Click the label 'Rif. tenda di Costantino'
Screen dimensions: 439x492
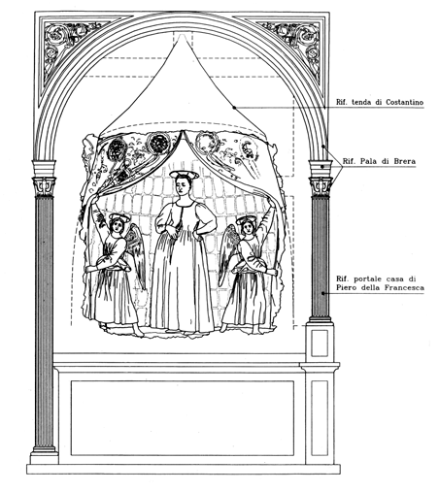point(380,102)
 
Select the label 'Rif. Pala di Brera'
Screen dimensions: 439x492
point(379,161)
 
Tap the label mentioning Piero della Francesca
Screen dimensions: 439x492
point(380,283)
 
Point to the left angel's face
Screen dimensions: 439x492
point(118,226)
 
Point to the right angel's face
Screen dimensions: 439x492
point(249,227)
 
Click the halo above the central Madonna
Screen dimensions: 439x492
point(184,175)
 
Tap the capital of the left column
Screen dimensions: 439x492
point(44,185)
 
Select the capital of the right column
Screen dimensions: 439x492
point(321,185)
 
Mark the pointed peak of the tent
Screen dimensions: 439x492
point(183,33)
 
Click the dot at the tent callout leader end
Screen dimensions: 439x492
point(234,107)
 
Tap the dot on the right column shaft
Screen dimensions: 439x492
point(322,293)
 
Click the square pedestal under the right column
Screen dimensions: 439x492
point(320,343)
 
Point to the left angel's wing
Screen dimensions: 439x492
point(135,254)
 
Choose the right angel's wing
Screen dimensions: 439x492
point(229,252)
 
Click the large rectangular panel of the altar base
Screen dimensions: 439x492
point(183,418)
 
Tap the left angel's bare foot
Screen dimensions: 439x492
point(139,333)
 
